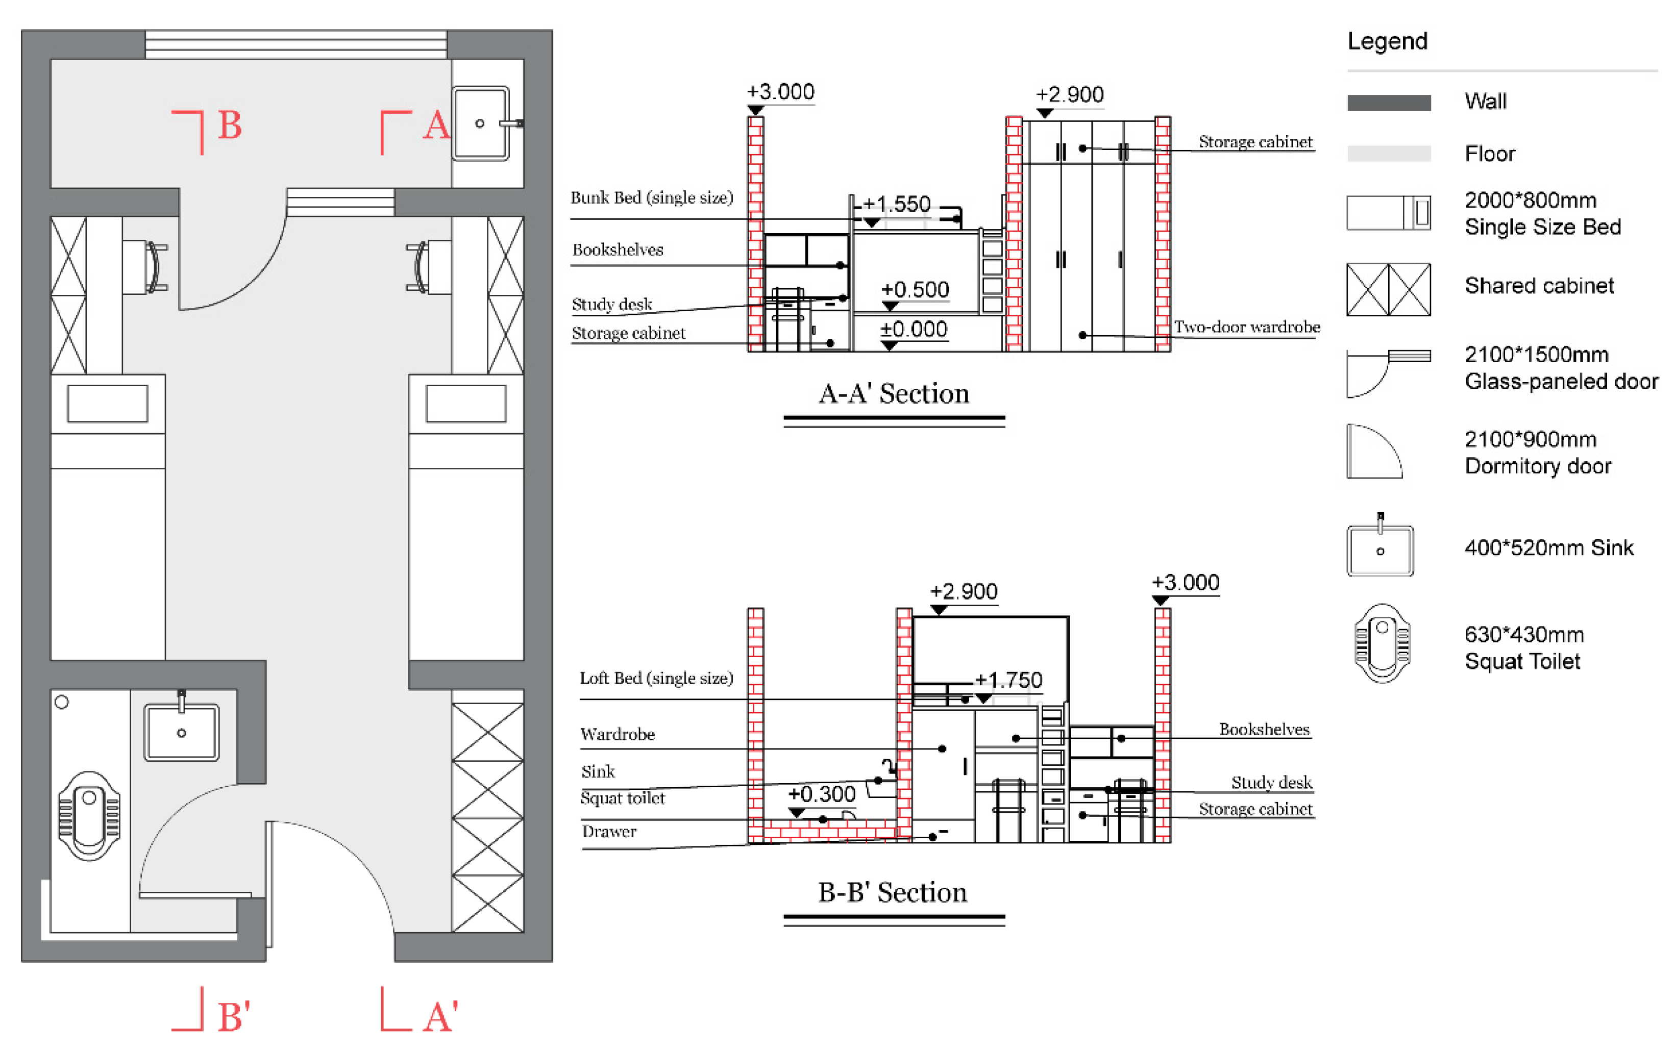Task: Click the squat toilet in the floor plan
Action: pyautogui.click(x=89, y=815)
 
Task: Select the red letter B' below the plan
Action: pyautogui.click(x=233, y=1016)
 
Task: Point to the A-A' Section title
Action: pyautogui.click(x=894, y=393)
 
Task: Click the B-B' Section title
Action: pyautogui.click(x=892, y=892)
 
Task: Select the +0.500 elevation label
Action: pyautogui.click(x=915, y=289)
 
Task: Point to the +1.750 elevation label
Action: pyautogui.click(x=1007, y=679)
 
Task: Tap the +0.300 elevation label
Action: pyautogui.click(x=821, y=793)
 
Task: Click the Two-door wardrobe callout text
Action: pyautogui.click(x=1247, y=327)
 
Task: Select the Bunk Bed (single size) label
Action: pyautogui.click(x=652, y=197)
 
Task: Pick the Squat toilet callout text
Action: pyautogui.click(x=622, y=798)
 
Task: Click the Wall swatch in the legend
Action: pyautogui.click(x=1389, y=102)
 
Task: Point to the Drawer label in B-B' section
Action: pyautogui.click(x=609, y=831)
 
